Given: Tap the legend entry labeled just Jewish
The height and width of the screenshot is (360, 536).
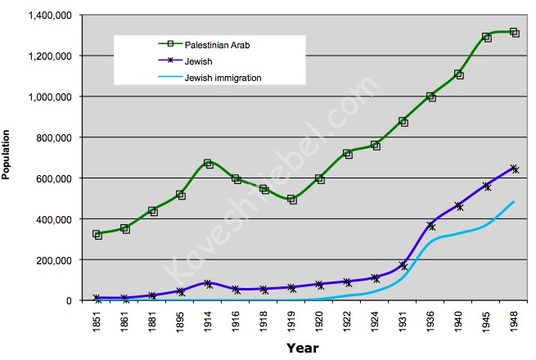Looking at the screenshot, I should (187, 61).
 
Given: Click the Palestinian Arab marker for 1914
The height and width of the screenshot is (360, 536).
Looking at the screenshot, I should (209, 164).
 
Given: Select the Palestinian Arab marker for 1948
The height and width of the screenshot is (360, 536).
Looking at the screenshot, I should (514, 33).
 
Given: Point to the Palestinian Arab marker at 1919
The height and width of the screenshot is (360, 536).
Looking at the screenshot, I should (292, 199).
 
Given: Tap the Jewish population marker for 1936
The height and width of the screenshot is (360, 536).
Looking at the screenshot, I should (431, 225).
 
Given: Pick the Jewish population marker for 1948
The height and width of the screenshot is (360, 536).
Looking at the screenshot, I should (514, 169).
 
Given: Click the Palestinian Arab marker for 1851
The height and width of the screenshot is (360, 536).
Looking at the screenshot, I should (97, 235).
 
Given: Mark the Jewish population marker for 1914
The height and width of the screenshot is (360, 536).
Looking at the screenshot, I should (209, 284).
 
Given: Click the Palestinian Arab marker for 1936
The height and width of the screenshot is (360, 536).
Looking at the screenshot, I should (431, 97).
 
